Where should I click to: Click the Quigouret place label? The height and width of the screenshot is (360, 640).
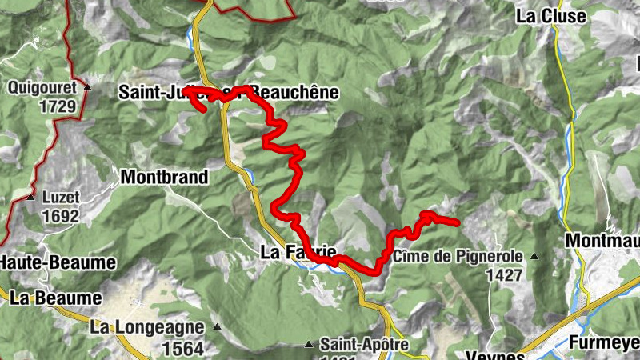click(42, 87)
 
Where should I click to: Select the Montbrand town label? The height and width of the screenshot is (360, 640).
click(164, 177)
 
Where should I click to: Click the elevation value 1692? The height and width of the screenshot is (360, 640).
click(62, 215)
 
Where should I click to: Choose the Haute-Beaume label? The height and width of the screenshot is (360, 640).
click(58, 262)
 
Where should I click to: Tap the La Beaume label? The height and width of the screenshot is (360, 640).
click(56, 298)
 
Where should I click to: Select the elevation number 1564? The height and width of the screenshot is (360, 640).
click(182, 348)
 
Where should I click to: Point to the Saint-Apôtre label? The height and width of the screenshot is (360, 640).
click(364, 345)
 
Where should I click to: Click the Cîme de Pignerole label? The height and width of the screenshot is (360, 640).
click(458, 257)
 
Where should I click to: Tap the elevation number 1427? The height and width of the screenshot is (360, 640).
click(503, 274)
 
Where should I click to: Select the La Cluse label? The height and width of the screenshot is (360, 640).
click(550, 15)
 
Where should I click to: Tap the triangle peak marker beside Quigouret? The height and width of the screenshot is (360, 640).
click(87, 87)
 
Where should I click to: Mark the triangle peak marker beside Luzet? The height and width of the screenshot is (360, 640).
click(30, 197)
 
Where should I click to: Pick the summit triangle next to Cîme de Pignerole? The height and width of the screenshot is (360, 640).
click(534, 257)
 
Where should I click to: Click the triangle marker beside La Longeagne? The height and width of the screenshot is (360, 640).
click(216, 326)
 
